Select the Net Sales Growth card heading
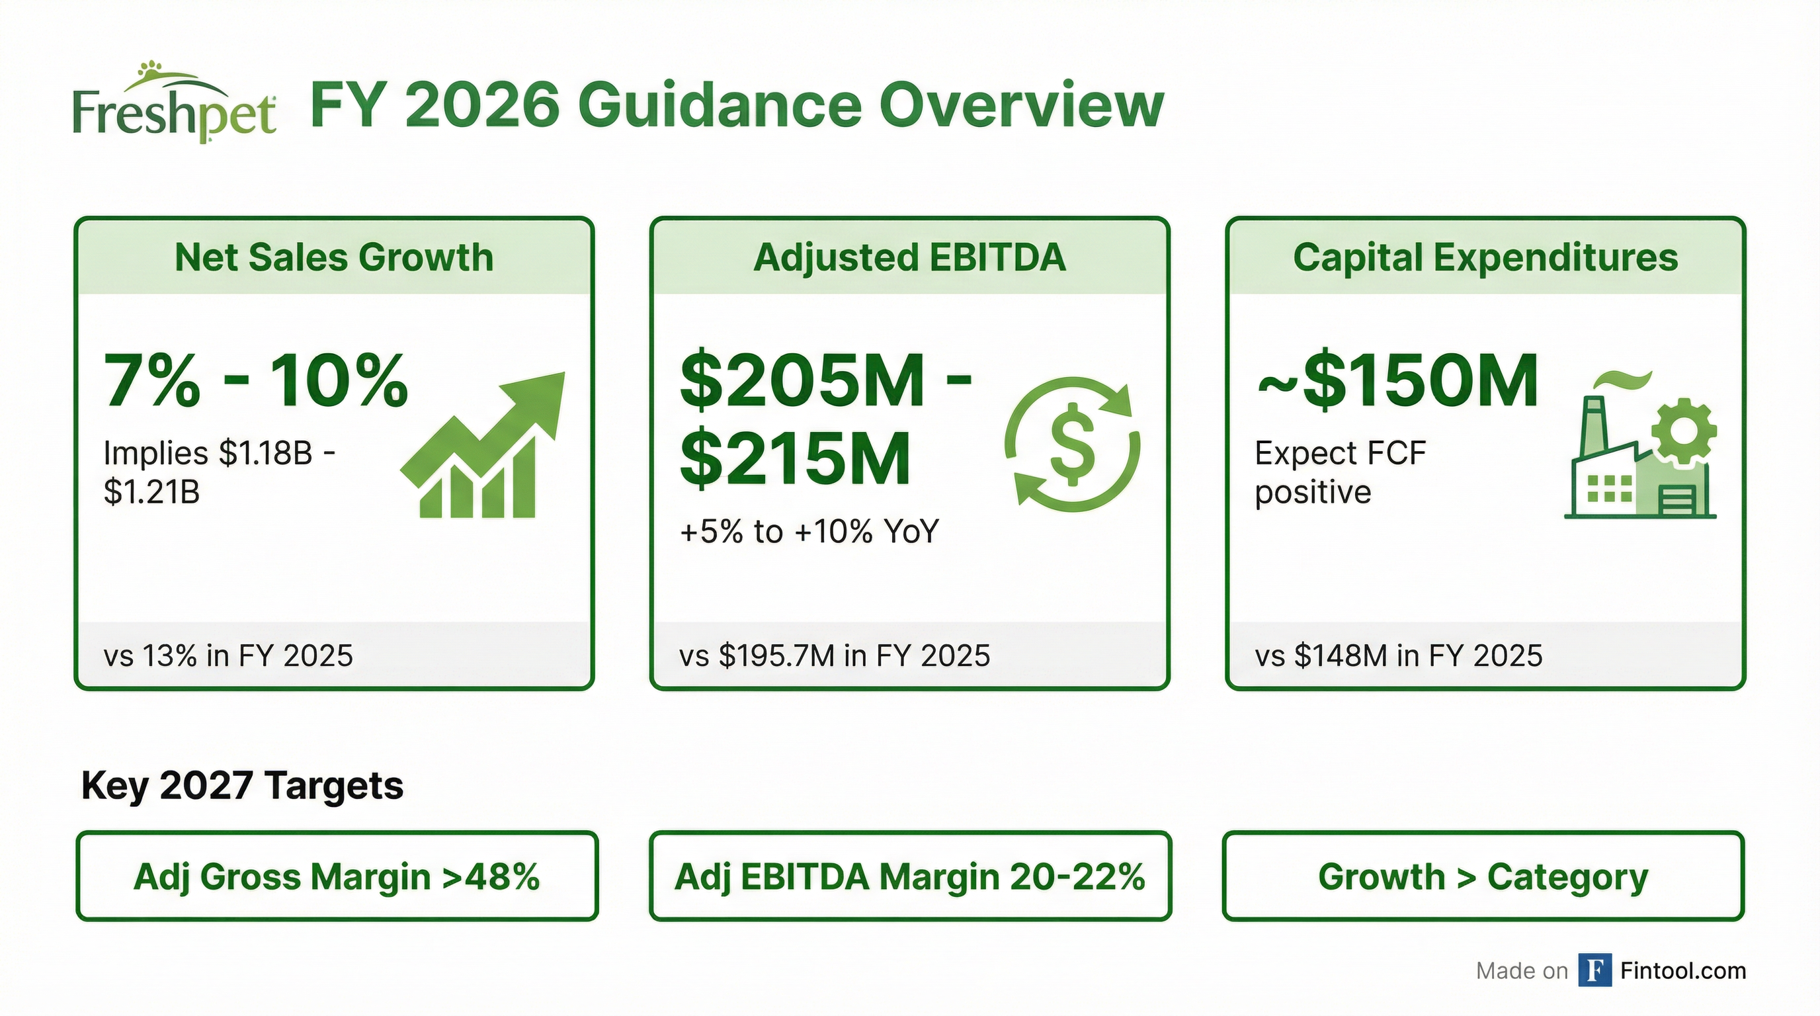click(333, 257)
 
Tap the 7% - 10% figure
click(256, 382)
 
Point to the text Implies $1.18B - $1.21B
click(219, 472)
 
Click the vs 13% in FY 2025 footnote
click(227, 656)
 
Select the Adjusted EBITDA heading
click(909, 257)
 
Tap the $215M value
click(795, 459)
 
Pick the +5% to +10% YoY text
click(809, 531)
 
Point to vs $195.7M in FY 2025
click(835, 656)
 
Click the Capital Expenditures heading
click(1485, 257)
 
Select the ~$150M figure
click(1397, 382)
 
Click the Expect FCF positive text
click(1340, 472)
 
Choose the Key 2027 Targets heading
click(241, 786)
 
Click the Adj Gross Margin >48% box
click(337, 877)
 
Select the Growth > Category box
click(1483, 877)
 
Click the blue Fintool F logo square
click(1594, 971)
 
